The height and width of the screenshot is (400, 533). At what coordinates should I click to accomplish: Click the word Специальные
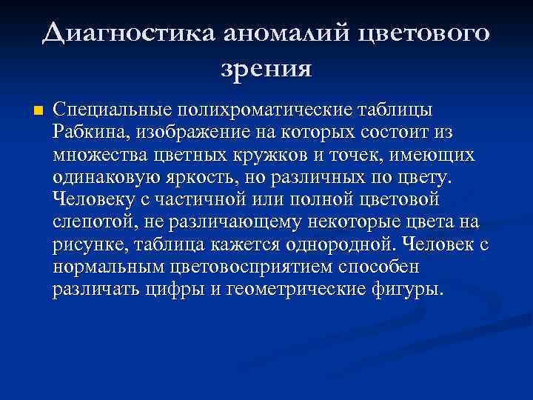[x=110, y=110]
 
